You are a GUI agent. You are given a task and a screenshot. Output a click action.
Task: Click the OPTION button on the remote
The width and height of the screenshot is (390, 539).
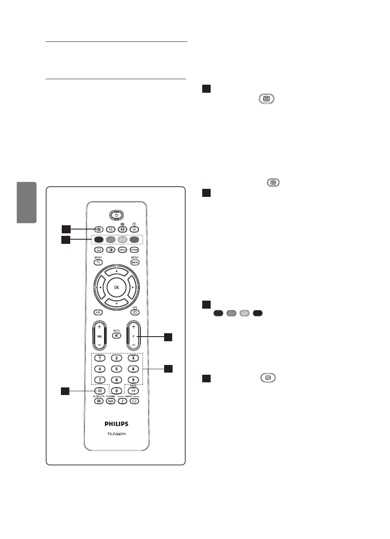tap(135, 250)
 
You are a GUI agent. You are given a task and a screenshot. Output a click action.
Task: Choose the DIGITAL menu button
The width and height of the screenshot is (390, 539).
tap(135, 263)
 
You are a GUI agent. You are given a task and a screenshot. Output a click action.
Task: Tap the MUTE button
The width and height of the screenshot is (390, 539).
tap(116, 335)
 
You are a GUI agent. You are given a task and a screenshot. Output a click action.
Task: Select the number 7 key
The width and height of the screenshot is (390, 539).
tap(99, 379)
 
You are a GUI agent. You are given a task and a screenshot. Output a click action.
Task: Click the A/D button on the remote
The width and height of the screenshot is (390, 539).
tap(98, 312)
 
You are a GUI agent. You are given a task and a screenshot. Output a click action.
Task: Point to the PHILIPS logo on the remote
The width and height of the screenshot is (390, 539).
tap(116, 423)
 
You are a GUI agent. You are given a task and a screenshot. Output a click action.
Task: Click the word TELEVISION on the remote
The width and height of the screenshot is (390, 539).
tap(116, 434)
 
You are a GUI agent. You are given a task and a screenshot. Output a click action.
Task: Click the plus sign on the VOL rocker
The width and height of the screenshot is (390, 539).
tap(99, 327)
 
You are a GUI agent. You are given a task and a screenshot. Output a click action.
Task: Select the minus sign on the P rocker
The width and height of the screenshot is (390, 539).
tap(133, 346)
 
